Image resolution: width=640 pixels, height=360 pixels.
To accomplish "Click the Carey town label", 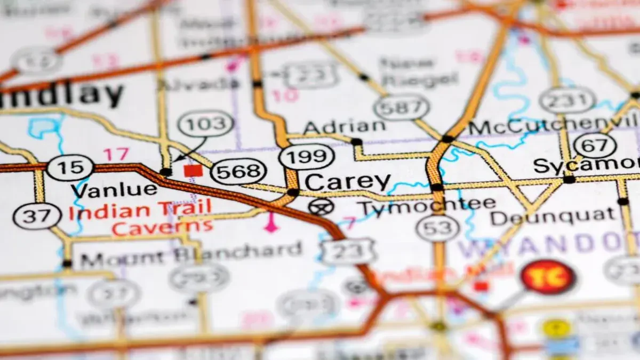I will tap(347, 182).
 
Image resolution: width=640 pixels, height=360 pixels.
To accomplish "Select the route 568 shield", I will tap(238, 172).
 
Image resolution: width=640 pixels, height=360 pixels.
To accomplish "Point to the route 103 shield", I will tap(205, 124).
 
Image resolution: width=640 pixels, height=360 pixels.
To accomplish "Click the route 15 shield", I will tap(70, 167).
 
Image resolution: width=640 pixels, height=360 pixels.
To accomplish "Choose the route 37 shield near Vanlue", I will tap(37, 217).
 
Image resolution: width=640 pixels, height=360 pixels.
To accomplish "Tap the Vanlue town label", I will tap(114, 189).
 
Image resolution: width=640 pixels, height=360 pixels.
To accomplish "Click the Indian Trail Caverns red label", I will tap(140, 217).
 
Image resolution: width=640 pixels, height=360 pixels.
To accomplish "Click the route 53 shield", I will tap(437, 228).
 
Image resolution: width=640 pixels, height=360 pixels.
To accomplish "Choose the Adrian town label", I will tap(344, 126).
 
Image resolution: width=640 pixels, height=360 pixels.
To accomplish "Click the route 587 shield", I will tap(401, 107).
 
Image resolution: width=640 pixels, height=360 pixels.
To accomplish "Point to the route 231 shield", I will tap(567, 100).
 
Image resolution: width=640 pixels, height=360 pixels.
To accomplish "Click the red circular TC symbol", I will tap(548, 277).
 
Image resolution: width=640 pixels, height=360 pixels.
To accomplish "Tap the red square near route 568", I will tap(193, 170).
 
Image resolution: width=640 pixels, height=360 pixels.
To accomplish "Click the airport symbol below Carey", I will tap(322, 205).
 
